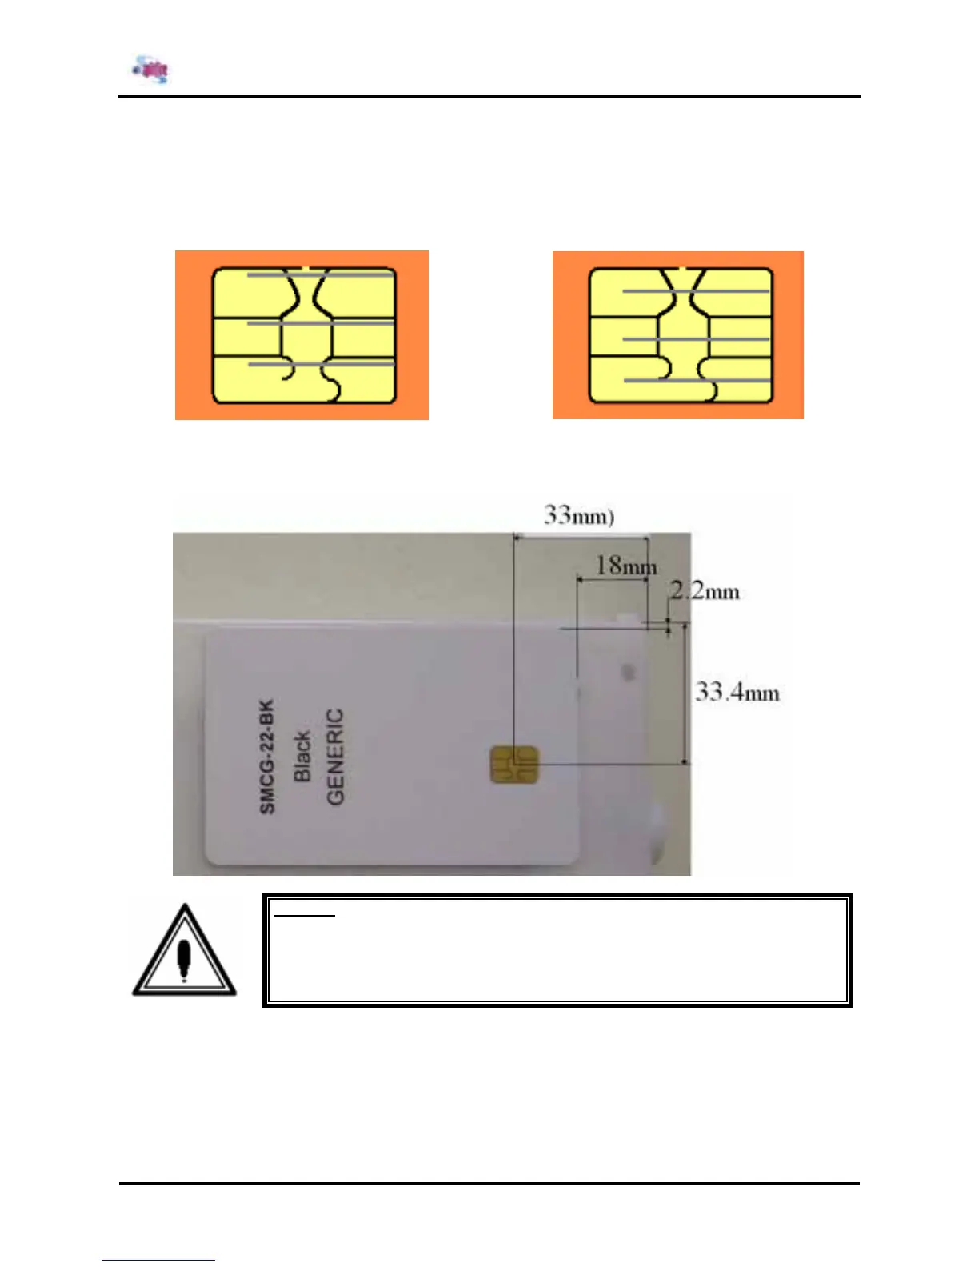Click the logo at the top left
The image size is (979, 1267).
coord(151,70)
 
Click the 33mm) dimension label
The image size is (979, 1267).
coord(578,514)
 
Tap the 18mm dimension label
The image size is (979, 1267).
coord(625,566)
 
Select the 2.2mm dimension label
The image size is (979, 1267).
coord(705,591)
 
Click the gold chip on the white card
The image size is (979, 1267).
coord(514,766)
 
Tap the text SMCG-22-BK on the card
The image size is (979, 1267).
coord(267,757)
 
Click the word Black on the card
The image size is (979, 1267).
coord(302,757)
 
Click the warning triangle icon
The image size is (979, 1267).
coord(184,952)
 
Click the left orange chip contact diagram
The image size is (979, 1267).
coord(302,335)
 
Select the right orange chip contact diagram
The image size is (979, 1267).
coord(677,335)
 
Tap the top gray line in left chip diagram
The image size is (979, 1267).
coord(320,274)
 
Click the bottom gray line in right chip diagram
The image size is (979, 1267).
coord(696,380)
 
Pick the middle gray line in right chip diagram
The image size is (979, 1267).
coord(696,339)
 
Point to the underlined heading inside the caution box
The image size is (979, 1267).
coord(304,913)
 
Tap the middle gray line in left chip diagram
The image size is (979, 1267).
coord(320,323)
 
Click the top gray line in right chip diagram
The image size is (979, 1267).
coord(696,291)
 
